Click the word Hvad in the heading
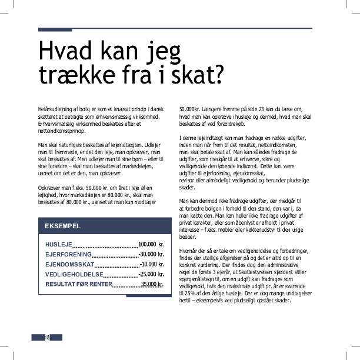coord(64,51)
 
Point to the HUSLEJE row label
coord(58,244)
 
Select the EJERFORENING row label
coord(68,254)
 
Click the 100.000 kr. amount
coord(151,244)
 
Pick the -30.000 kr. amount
coord(151,254)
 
